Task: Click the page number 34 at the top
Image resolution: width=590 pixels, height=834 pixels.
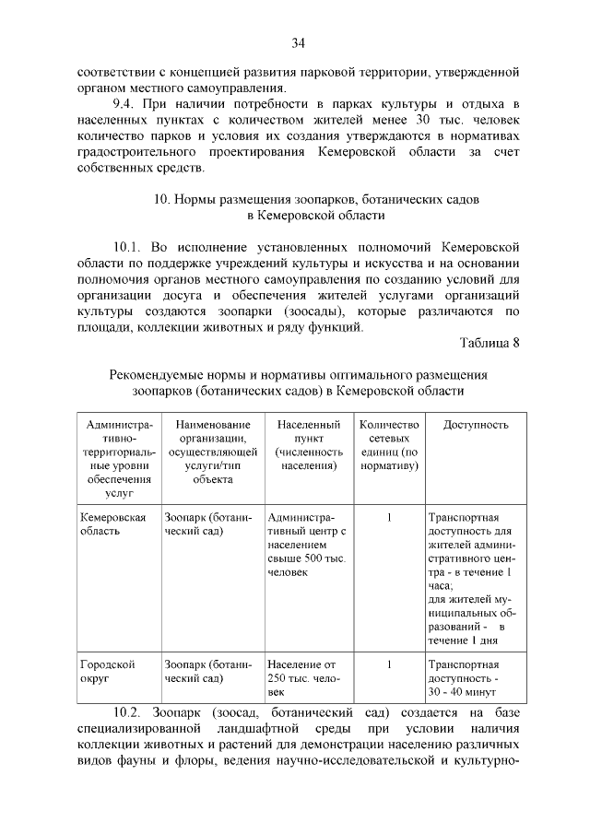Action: pos(298,43)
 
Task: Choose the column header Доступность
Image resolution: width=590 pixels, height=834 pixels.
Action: pos(476,425)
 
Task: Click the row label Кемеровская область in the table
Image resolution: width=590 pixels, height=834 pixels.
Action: pos(112,525)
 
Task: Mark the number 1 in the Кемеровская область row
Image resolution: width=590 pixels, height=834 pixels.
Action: pos(389,518)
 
